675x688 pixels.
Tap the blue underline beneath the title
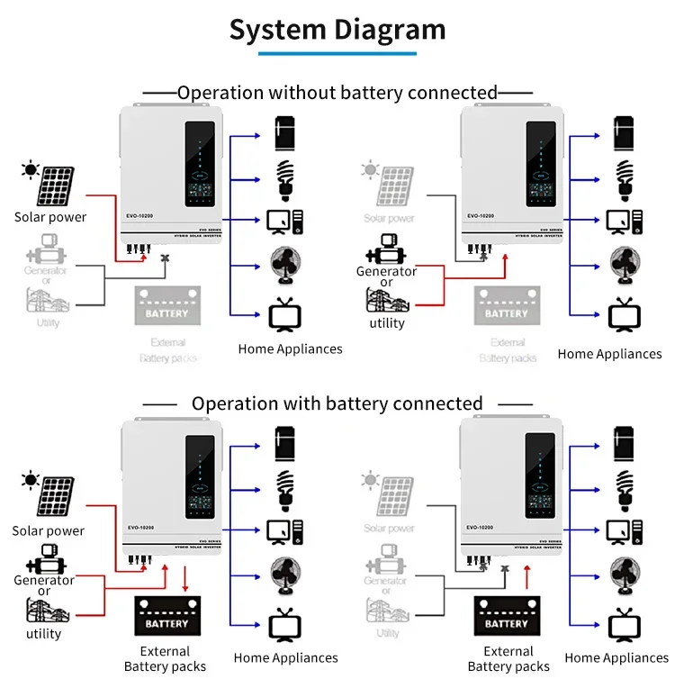(337, 54)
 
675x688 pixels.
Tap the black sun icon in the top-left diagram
(31, 168)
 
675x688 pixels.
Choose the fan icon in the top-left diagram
(285, 264)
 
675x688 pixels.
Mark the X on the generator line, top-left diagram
(164, 258)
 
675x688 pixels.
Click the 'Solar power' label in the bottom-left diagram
(48, 531)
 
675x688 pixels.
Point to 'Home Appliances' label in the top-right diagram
(609, 354)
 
